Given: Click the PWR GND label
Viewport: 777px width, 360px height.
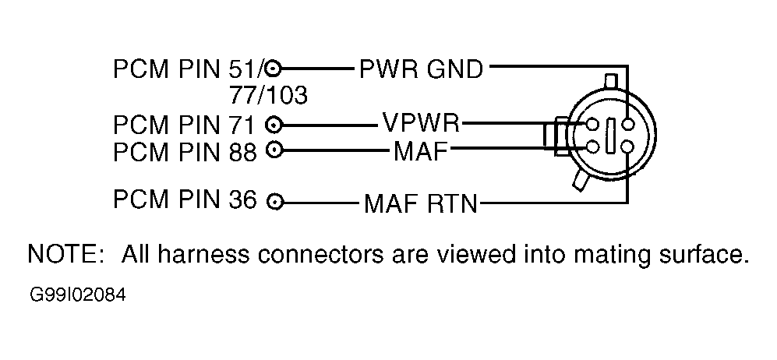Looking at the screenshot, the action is click(x=421, y=70).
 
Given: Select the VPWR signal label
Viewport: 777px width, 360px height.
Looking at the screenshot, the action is click(x=421, y=122).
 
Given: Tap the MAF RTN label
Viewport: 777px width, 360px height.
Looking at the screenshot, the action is click(x=421, y=203).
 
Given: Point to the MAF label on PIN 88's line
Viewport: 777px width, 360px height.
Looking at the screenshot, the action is click(x=421, y=151).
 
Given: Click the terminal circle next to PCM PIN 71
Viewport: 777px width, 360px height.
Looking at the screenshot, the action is click(x=274, y=125).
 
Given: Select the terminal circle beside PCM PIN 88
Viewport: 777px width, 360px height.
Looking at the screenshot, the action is click(x=274, y=149).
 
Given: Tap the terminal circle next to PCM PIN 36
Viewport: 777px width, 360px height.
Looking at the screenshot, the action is click(x=274, y=202).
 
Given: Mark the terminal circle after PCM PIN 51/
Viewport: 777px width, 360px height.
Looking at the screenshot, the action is click(x=274, y=69).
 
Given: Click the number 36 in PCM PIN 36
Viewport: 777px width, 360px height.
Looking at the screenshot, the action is click(x=243, y=199).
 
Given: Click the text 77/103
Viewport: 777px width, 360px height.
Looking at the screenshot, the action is click(x=268, y=94).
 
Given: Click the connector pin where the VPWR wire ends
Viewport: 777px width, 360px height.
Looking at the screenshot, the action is click(x=592, y=124).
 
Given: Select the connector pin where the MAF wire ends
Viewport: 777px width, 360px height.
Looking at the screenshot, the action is click(x=592, y=146).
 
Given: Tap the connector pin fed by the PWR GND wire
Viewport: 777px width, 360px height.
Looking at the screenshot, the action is click(x=627, y=123).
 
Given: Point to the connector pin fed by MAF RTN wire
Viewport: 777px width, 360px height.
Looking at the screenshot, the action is click(x=627, y=146).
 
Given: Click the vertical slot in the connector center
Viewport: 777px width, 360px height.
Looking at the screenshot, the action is click(x=610, y=134).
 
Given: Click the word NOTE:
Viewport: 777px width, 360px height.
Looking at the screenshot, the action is click(x=64, y=254).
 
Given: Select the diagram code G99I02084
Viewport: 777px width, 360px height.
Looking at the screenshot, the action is click(x=78, y=295).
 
